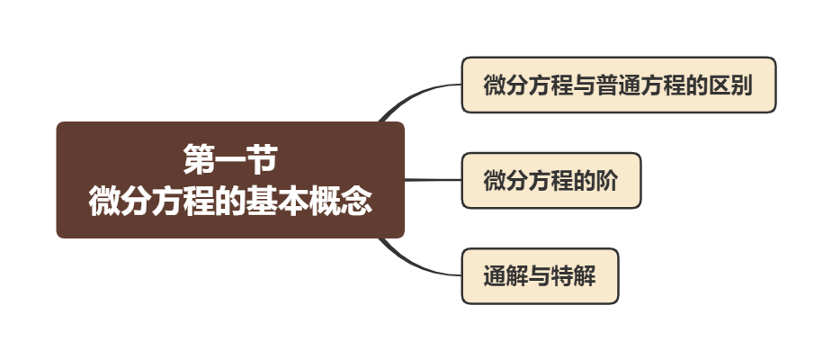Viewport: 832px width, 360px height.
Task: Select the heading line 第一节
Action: pos(230,161)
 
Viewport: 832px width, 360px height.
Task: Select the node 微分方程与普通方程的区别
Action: pos(618,85)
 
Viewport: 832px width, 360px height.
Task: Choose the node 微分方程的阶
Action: pos(550,180)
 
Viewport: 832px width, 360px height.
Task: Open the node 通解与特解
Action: pos(540,276)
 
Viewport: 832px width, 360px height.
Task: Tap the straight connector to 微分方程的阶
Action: pos(433,180)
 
